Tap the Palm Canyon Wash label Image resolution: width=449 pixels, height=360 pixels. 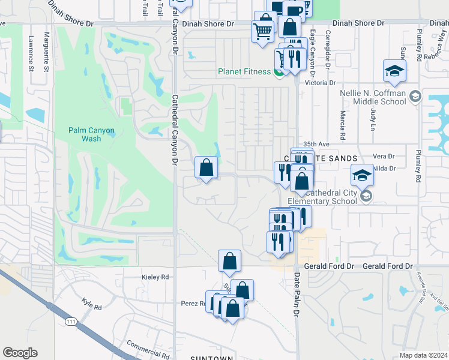pos(91,134)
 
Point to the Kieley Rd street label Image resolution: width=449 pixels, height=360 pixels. pos(155,277)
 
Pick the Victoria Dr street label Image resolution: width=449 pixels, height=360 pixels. pos(318,83)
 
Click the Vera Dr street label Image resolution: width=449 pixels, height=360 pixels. pos(383,156)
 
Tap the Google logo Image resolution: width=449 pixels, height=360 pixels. pos(20,353)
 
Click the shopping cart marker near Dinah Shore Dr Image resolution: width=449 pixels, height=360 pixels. pos(262,30)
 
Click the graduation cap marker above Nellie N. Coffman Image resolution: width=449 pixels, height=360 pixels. pos(394,70)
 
